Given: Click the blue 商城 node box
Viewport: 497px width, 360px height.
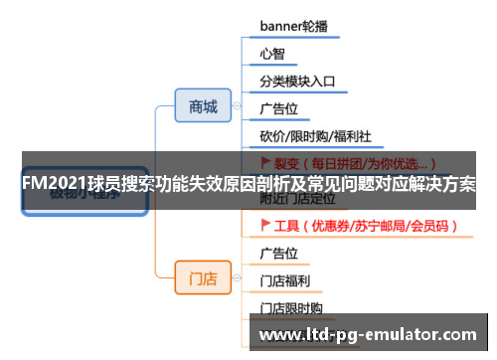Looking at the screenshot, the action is (x=203, y=106).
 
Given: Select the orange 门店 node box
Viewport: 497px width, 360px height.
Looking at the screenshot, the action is (x=203, y=278).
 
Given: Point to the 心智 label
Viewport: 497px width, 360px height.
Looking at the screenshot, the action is (x=272, y=53).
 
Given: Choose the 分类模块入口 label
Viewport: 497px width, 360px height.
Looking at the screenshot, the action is (x=297, y=81).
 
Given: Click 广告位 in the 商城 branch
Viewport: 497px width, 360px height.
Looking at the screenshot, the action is (x=279, y=108).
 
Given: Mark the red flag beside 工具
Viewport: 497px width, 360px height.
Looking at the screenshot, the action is (x=265, y=226).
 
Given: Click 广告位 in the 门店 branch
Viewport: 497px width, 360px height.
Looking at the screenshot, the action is (x=279, y=253).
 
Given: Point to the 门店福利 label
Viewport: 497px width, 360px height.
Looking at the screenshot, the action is (x=285, y=280).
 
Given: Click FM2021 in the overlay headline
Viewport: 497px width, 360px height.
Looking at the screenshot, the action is (x=52, y=185).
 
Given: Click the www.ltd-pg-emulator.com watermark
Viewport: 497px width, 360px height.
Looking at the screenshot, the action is (x=367, y=335).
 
